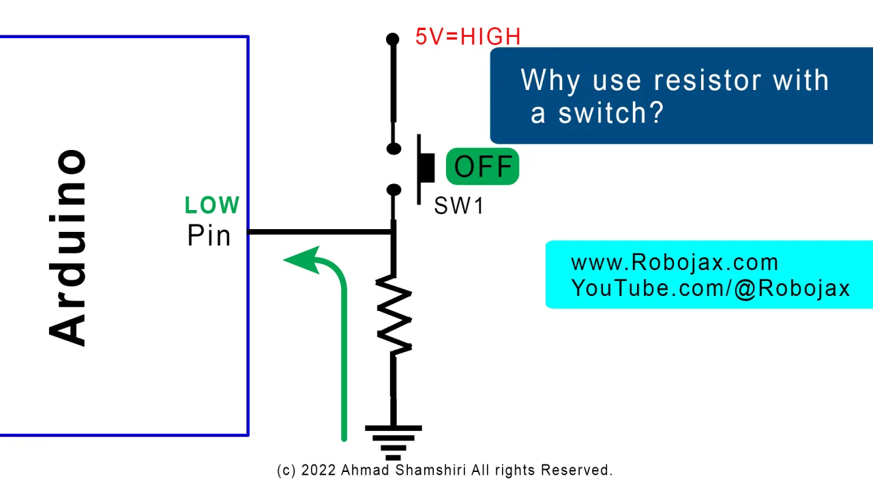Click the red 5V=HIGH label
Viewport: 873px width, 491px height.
point(468,37)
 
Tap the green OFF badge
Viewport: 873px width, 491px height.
point(482,166)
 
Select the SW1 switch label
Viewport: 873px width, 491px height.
point(459,205)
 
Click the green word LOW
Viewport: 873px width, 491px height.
point(212,205)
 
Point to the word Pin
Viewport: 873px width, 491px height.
point(209,235)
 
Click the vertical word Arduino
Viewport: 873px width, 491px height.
point(67,248)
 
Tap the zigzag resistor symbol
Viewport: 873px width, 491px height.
point(394,315)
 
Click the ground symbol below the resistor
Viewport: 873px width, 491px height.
point(394,443)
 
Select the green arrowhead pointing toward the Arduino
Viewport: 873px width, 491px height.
point(304,260)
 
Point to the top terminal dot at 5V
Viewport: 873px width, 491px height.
point(392,39)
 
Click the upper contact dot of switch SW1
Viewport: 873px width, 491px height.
point(394,149)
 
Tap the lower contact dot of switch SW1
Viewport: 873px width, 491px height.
point(394,190)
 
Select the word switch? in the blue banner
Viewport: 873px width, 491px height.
point(610,113)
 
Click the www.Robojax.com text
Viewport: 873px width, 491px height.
point(675,263)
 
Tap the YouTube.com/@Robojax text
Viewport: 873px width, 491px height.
point(710,288)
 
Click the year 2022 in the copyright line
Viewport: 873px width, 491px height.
point(319,470)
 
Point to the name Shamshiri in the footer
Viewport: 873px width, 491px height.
point(430,470)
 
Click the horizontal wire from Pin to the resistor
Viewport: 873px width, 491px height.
point(321,233)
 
